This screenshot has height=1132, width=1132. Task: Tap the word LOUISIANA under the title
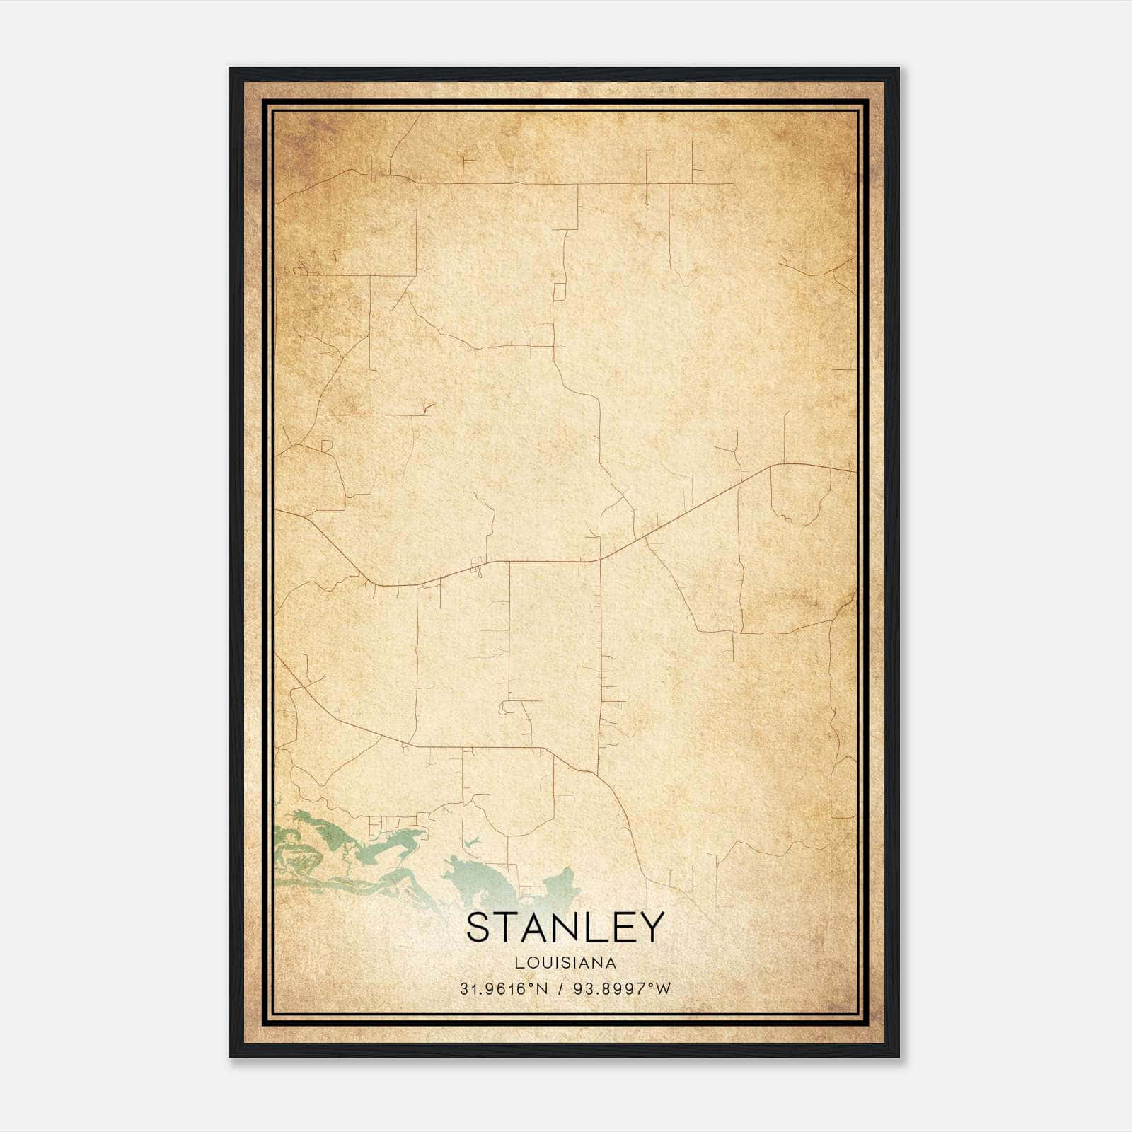(x=565, y=963)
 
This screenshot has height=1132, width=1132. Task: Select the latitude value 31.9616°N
(x=504, y=989)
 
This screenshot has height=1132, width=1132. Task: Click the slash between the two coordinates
(x=560, y=989)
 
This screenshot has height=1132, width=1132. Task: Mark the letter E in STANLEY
(x=620, y=927)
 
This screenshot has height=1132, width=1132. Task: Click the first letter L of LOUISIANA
(x=519, y=963)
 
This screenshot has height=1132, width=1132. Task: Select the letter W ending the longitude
(x=663, y=989)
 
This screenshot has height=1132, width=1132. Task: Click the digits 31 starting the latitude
(x=467, y=989)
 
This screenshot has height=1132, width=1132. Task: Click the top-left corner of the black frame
(x=231, y=69)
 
